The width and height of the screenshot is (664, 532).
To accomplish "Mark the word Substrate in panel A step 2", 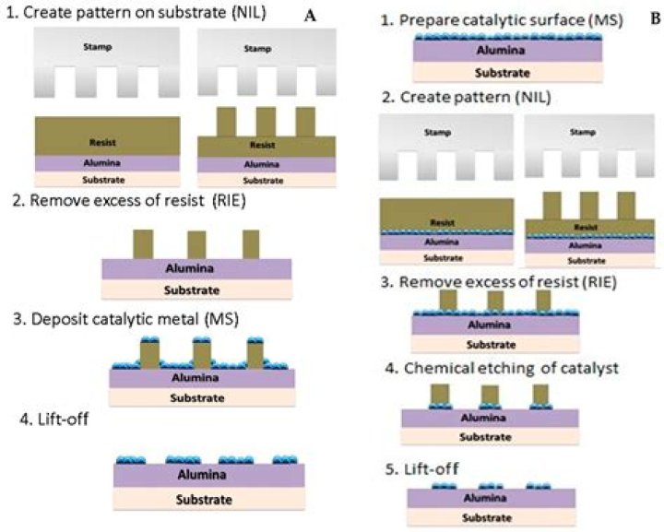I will coord(196,290).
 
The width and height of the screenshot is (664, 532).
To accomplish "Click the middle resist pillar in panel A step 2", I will coord(196,244).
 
